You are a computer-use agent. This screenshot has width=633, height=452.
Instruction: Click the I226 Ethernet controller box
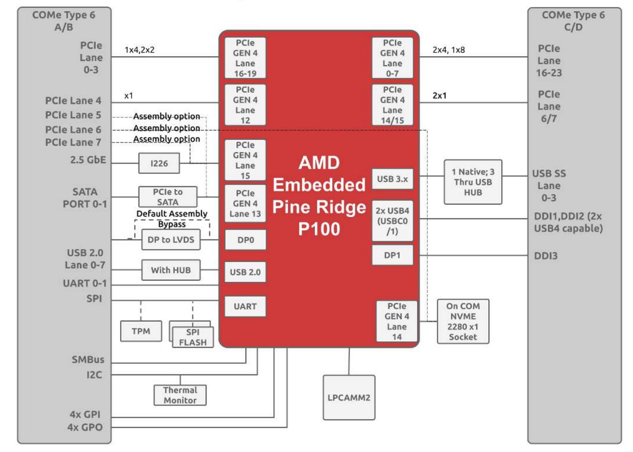(x=159, y=163)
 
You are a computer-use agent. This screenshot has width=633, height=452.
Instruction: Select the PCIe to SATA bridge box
(x=168, y=197)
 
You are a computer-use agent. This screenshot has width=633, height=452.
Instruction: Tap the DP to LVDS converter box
(x=171, y=240)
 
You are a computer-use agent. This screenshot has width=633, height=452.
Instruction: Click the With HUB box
(x=171, y=270)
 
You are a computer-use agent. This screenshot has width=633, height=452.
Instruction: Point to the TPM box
(x=141, y=331)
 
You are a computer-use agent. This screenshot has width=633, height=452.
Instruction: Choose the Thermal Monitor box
(x=180, y=395)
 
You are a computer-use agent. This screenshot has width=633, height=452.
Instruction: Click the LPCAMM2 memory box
(x=349, y=398)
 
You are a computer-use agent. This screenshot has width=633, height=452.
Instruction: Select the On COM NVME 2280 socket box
(x=463, y=321)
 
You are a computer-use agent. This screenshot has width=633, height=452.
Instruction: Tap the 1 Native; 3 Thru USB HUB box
(x=473, y=182)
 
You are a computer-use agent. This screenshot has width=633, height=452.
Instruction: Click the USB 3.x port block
(x=392, y=179)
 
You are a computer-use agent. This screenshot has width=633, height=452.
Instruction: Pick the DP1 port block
(x=392, y=255)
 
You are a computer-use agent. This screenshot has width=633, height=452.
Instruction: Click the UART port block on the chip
(x=245, y=306)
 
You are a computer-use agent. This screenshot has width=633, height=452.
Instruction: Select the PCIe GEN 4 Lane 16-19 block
(x=245, y=58)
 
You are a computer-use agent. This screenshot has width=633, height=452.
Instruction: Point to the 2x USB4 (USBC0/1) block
(x=392, y=221)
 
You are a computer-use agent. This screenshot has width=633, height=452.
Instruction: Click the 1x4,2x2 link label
(x=140, y=50)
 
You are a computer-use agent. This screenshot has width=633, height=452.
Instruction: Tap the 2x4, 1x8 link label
(x=449, y=50)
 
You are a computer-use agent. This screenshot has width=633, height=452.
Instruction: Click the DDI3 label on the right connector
(x=545, y=256)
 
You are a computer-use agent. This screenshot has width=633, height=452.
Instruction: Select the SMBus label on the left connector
(x=88, y=360)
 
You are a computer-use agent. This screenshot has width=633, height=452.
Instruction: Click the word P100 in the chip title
(x=319, y=229)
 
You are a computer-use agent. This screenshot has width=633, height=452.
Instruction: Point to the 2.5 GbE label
(x=88, y=160)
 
